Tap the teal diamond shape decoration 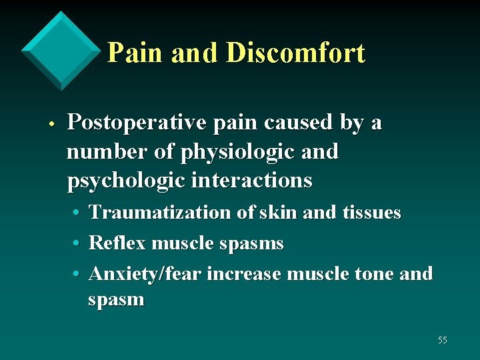[61, 50]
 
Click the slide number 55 [443, 340]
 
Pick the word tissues [371, 213]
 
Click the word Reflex [117, 243]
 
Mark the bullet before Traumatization [77, 213]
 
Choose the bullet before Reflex [77, 244]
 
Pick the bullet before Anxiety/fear [77, 274]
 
